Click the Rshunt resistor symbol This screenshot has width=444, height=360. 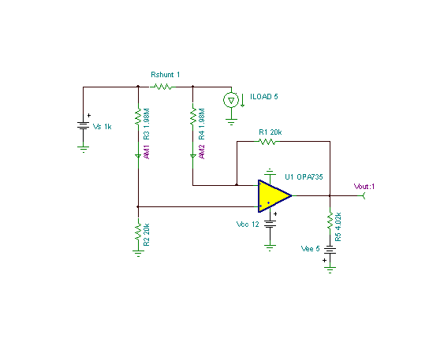click(162, 87)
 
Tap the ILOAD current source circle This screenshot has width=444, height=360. click(231, 100)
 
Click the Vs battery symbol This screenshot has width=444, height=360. click(84, 125)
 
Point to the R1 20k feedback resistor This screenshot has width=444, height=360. click(267, 141)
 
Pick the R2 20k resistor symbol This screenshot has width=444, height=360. click(138, 232)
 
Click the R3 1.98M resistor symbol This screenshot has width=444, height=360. click(138, 117)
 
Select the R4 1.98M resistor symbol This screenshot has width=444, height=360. click(193, 117)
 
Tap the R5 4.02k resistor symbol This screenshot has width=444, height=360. click(330, 221)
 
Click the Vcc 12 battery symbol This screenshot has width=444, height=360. click(271, 225)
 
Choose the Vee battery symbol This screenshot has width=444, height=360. click(330, 250)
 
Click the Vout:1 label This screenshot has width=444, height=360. click(364, 187)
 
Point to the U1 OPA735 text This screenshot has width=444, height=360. click(304, 177)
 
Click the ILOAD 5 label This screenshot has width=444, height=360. click(264, 97)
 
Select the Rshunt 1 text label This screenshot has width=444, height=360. click(166, 75)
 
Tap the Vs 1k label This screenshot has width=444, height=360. click(103, 127)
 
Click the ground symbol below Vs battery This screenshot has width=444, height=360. click(84, 150)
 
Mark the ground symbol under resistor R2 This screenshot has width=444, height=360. click(138, 254)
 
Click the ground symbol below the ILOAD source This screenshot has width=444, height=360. click(231, 122)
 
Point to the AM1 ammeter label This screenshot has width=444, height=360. click(147, 152)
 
